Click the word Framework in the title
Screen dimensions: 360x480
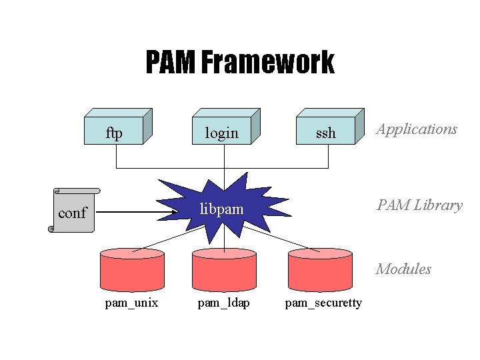(x=267, y=63)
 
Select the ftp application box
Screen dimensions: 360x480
(x=115, y=131)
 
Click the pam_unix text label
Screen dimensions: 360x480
(x=131, y=303)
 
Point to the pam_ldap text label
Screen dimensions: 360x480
(x=224, y=303)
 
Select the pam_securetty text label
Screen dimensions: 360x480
(x=323, y=303)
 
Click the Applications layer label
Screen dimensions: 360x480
(x=417, y=129)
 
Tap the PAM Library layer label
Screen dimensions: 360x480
(x=419, y=205)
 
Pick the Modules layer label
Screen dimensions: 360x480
(x=403, y=269)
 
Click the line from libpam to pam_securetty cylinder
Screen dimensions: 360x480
(x=280, y=239)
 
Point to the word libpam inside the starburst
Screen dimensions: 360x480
(x=223, y=210)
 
